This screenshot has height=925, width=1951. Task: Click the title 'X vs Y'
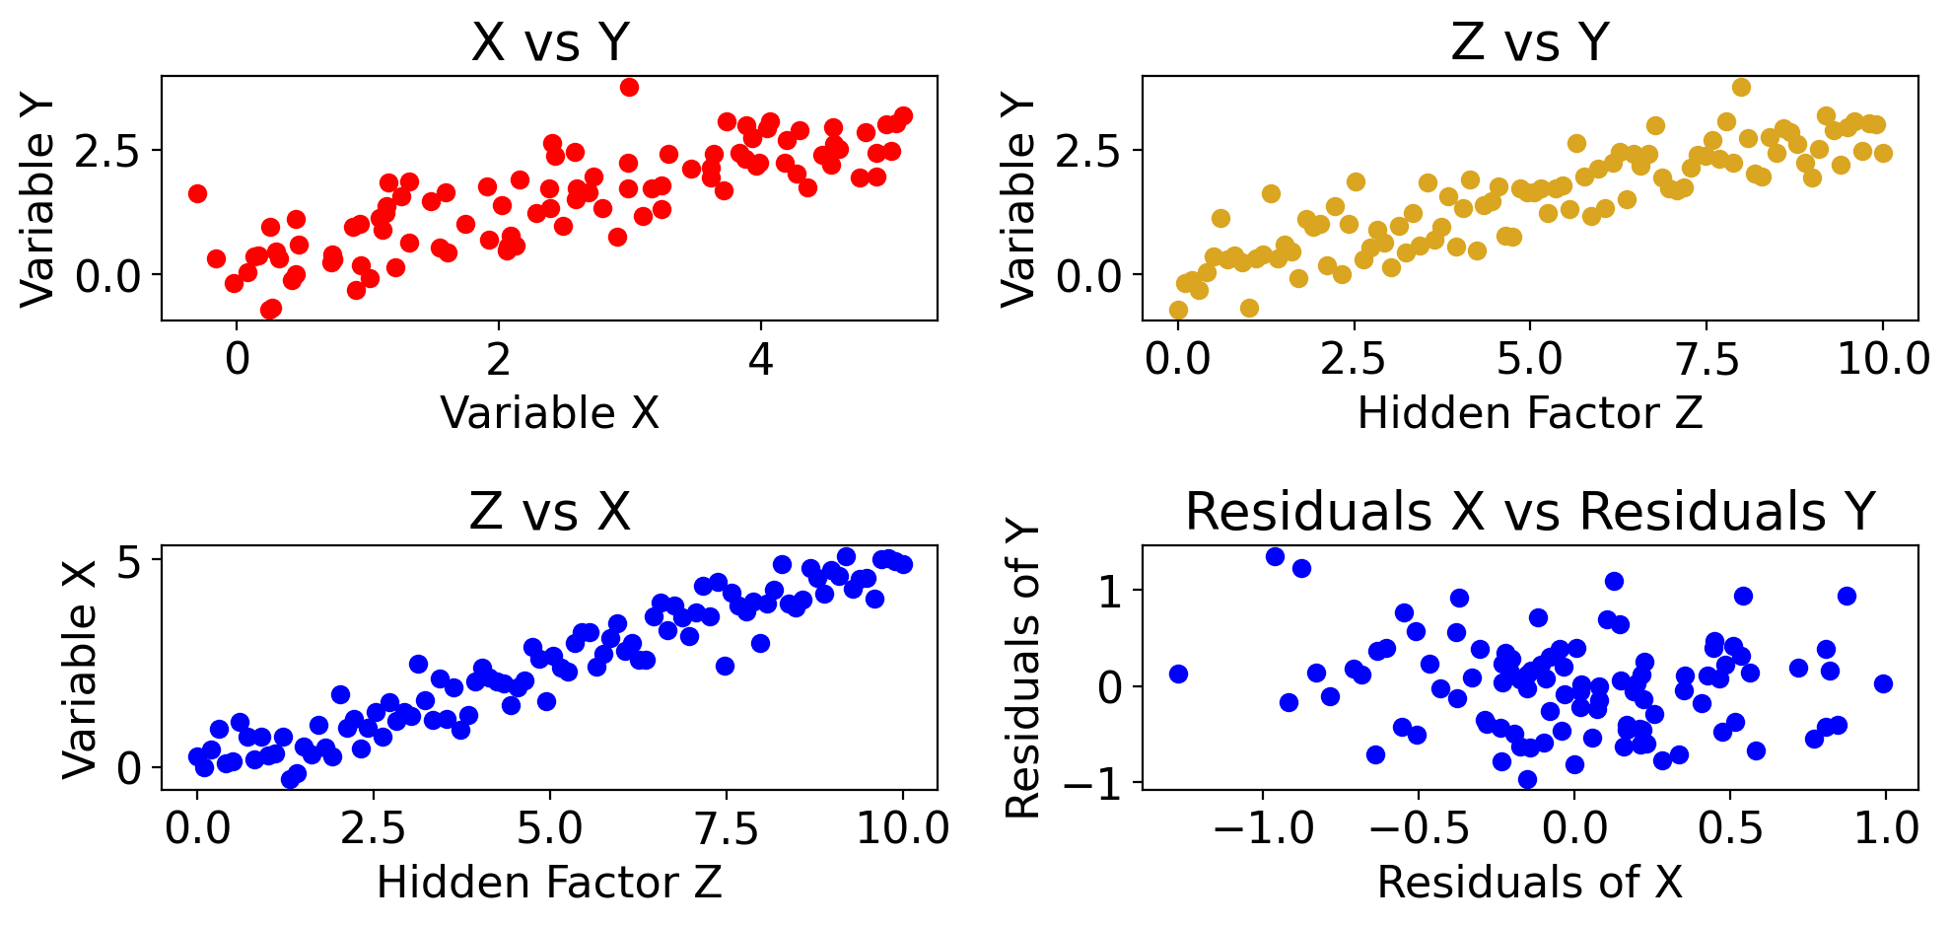(549, 42)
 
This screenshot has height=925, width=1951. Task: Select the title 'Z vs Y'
(1530, 42)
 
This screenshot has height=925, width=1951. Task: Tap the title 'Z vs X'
(549, 512)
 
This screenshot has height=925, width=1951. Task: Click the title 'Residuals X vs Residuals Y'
(1530, 512)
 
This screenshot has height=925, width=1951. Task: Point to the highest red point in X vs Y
(629, 87)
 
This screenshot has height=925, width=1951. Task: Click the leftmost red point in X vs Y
(197, 193)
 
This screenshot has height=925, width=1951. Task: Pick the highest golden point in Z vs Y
(1741, 87)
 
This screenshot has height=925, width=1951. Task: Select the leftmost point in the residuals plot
(1178, 674)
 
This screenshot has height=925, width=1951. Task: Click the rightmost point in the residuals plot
(1883, 683)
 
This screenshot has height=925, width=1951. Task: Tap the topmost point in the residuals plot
(1275, 556)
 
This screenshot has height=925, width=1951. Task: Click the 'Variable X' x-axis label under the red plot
(549, 413)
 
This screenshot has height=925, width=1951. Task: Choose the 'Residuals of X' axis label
(1529, 883)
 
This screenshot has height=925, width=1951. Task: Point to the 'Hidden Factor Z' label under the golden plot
(1530, 413)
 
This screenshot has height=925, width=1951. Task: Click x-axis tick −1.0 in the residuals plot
(1263, 829)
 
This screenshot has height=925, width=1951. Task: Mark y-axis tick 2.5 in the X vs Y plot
(107, 151)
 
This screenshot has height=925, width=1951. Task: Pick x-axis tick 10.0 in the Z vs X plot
(903, 829)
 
